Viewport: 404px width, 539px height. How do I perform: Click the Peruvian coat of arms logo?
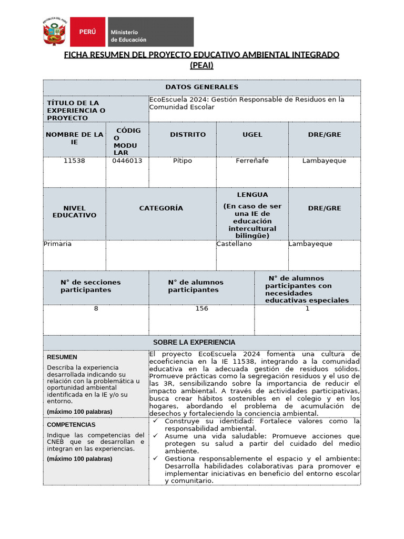pos(55,32)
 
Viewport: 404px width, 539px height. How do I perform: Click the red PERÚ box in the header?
pos(87,32)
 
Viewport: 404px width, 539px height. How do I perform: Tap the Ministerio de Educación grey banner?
pos(150,32)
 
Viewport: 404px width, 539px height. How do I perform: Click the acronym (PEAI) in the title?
pos(201,65)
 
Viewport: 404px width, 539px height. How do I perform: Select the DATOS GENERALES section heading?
pos(201,87)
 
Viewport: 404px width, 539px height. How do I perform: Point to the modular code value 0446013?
pos(127,161)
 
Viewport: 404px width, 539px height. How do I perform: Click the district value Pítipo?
pos(183,161)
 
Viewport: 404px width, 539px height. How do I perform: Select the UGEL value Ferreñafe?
pos(252,161)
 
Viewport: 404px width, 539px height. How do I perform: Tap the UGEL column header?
pos(252,135)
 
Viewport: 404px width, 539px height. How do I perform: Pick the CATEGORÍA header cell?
pos(161,208)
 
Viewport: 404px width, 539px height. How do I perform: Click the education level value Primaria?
pos(57,244)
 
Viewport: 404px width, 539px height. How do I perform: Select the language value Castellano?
pos(234,244)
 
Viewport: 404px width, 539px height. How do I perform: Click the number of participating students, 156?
pos(201,308)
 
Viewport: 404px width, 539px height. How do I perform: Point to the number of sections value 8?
pos(96,308)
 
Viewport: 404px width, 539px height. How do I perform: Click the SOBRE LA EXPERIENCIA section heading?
pos(194,342)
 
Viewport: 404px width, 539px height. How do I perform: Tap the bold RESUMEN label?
pos(62,357)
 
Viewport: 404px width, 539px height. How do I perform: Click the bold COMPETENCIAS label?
pos(71,424)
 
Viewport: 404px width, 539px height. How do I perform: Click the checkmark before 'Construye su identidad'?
pos(156,421)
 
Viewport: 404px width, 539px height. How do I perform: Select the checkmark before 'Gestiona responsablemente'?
pos(156,458)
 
